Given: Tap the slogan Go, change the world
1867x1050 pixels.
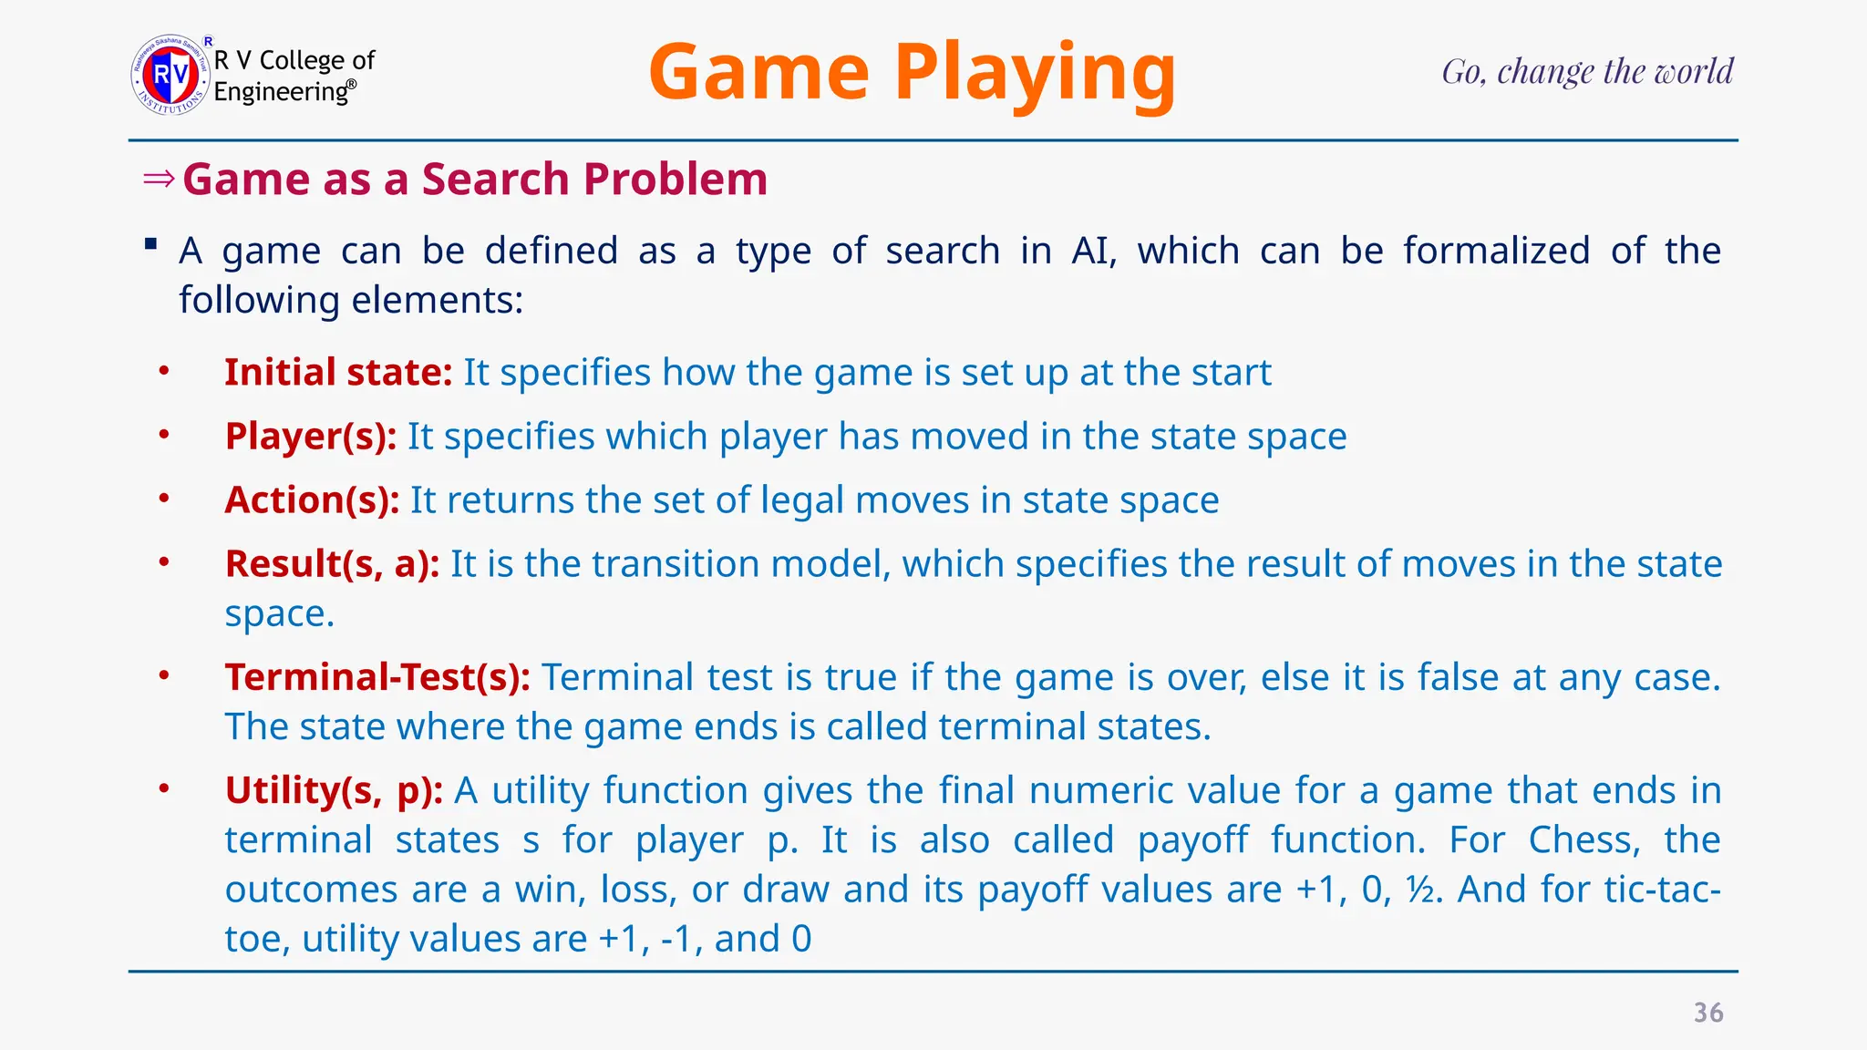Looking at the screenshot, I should (1587, 72).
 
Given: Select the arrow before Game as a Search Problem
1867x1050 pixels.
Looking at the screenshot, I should (159, 179).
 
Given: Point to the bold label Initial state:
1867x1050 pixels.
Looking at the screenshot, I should (338, 373).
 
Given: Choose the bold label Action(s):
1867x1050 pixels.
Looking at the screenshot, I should (312, 500).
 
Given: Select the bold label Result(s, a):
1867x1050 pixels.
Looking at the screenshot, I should (333, 564).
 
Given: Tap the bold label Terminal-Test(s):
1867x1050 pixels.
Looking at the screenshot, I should (377, 677).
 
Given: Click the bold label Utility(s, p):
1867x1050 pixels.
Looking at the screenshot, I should (334, 790).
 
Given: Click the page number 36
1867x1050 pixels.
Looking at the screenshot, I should (1708, 1013).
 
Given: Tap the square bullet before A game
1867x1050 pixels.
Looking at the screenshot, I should (151, 244).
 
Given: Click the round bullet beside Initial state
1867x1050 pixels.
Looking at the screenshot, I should (164, 371).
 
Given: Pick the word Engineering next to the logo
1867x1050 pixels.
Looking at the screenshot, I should (281, 92).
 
